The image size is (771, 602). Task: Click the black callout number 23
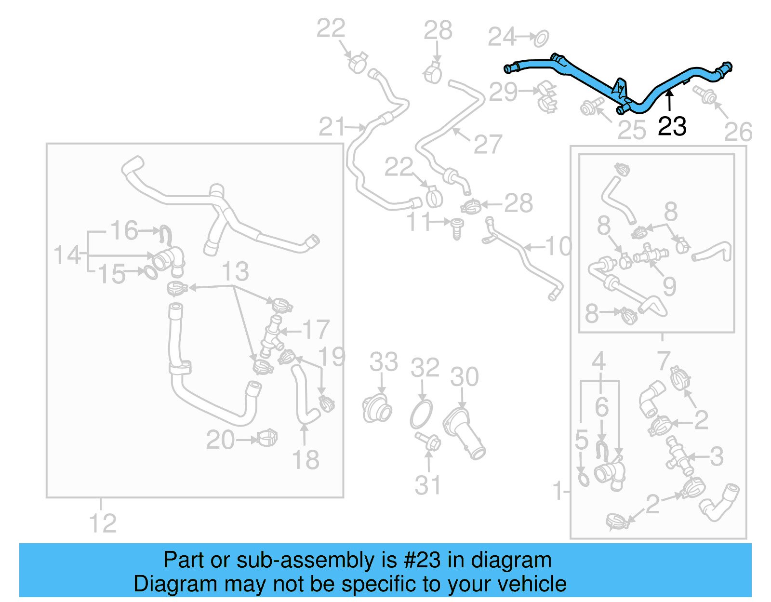click(672, 126)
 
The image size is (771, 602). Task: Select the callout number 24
click(502, 37)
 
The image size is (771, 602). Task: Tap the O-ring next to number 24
click(542, 38)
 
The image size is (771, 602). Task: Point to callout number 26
click(738, 132)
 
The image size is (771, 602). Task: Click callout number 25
click(631, 130)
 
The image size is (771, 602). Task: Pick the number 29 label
click(503, 92)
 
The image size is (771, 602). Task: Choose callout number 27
click(488, 144)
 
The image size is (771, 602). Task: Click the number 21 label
click(332, 127)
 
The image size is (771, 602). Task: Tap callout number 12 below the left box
click(103, 523)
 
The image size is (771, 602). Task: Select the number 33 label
click(384, 362)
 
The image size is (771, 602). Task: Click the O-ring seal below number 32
click(422, 414)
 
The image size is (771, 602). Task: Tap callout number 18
click(306, 460)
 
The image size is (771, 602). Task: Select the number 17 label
click(316, 330)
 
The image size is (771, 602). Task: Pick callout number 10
click(558, 247)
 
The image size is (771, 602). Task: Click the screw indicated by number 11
click(456, 227)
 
